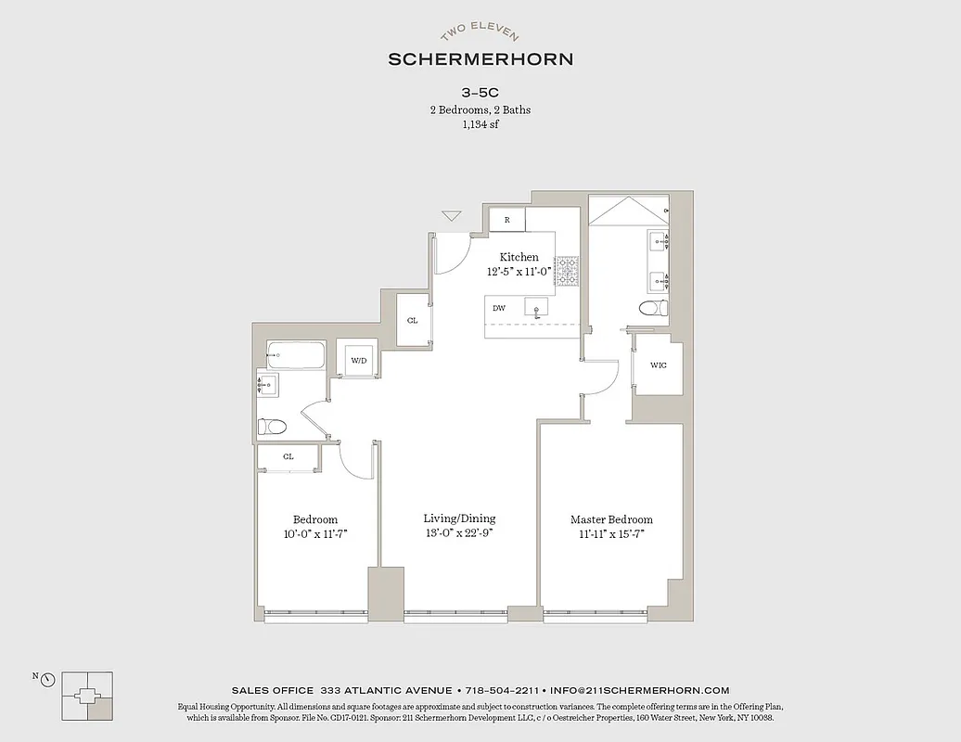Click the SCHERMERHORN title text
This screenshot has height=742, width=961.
point(480,59)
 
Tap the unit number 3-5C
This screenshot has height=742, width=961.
point(480,93)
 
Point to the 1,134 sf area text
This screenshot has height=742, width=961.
point(480,124)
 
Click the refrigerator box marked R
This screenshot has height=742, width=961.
point(507,220)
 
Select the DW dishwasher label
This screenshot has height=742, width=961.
point(499,308)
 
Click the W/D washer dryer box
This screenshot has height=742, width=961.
point(359,360)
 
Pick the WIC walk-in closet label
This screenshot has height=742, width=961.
point(659,365)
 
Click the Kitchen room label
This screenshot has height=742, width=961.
point(519,257)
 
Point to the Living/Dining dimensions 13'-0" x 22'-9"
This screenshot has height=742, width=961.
point(459,533)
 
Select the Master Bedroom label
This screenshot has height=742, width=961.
point(611,519)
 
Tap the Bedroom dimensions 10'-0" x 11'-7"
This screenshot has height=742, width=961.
point(315,534)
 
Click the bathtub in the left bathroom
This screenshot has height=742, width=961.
point(296,354)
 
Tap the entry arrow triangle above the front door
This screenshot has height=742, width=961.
point(452,216)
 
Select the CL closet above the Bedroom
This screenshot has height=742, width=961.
point(288,456)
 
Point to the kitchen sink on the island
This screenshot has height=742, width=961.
point(535,306)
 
